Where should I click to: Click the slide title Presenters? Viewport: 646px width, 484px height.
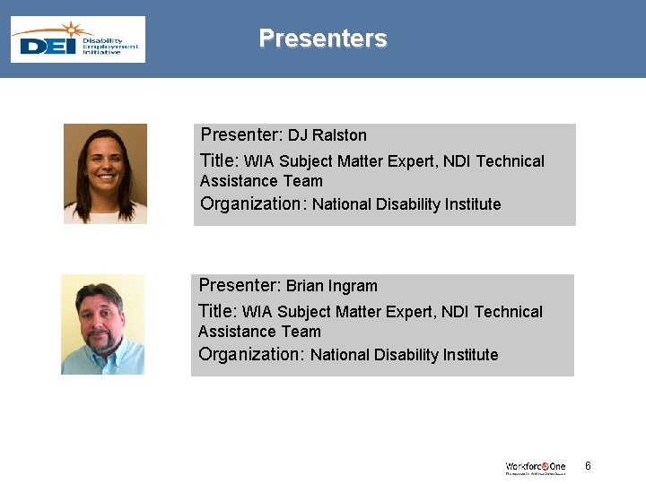(x=323, y=39)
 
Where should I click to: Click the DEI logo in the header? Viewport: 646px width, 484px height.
(x=78, y=39)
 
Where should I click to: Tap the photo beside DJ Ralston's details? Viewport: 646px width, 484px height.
(x=105, y=174)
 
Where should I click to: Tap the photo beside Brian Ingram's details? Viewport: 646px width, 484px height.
(x=102, y=324)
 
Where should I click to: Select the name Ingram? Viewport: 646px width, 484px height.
(x=353, y=287)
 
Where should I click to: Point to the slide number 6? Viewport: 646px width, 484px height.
(x=588, y=466)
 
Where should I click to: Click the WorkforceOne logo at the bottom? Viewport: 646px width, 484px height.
(x=536, y=467)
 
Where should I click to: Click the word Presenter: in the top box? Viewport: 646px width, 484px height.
(x=241, y=135)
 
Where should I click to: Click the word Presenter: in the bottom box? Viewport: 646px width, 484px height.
(x=240, y=286)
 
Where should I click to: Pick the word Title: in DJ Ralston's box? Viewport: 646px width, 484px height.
(x=219, y=161)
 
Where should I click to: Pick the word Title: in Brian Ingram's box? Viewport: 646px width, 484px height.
(x=217, y=312)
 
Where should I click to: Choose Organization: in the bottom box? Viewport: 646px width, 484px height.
(x=252, y=354)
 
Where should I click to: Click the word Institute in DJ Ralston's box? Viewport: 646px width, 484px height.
(x=470, y=204)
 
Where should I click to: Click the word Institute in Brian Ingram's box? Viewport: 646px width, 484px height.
(x=467, y=355)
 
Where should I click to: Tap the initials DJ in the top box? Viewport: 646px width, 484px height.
(x=298, y=136)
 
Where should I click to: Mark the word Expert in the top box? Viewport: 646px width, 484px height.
(x=411, y=162)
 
